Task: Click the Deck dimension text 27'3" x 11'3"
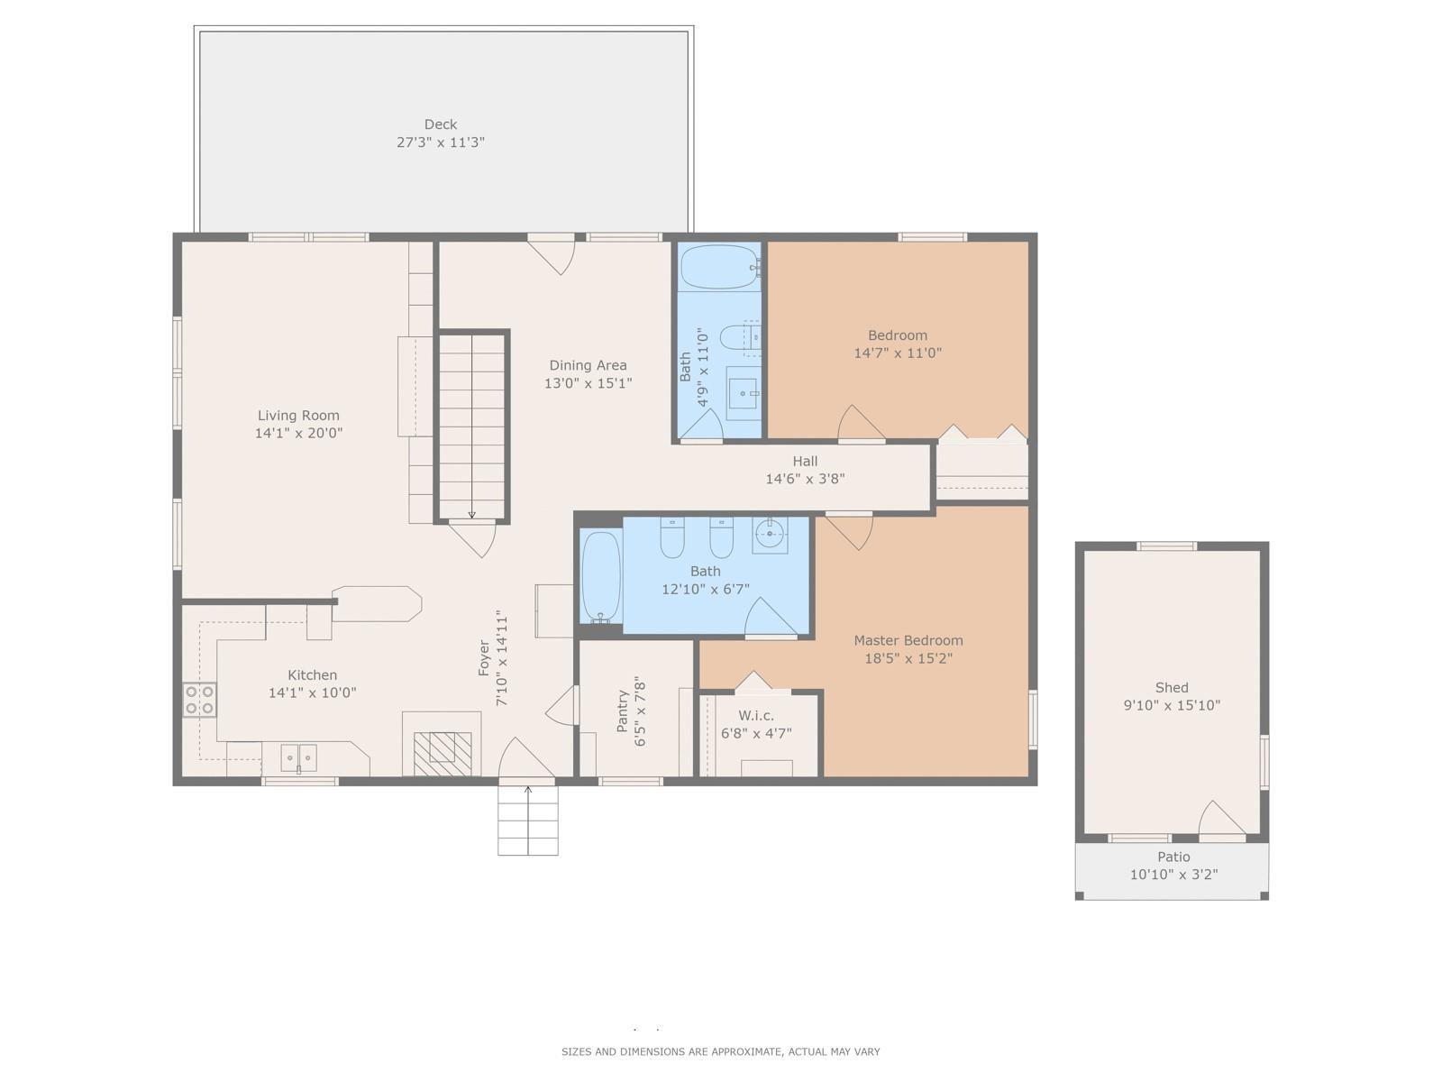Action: (440, 142)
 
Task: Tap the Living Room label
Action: (298, 415)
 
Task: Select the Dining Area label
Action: (588, 365)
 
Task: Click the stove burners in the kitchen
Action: (199, 700)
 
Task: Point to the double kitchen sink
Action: (299, 758)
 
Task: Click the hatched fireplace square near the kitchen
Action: (443, 754)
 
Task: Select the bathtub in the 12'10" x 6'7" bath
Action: (600, 576)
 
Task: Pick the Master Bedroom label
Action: (908, 640)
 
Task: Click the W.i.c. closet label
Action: (755, 715)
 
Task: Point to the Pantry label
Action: (622, 711)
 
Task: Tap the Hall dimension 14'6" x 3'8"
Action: (805, 479)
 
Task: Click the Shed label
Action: (1172, 687)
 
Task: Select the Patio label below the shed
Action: (1173, 857)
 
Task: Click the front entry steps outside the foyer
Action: (527, 821)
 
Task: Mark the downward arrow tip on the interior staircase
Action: (471, 518)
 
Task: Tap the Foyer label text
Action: (483, 658)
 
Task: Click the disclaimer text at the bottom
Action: (721, 1051)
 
